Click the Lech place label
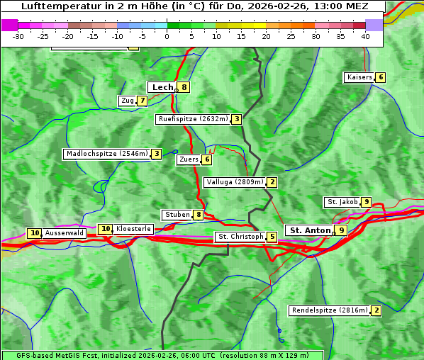pyautogui.click(x=162, y=87)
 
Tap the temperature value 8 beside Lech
pyautogui.click(x=184, y=87)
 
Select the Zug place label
pyautogui.click(x=127, y=101)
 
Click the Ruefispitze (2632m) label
pyautogui.click(x=193, y=119)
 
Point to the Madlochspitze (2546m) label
pyautogui.click(x=106, y=154)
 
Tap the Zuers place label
pyautogui.click(x=189, y=159)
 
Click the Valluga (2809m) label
pyautogui.click(x=235, y=182)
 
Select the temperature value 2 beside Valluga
pyautogui.click(x=272, y=182)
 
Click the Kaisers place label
pyautogui.click(x=359, y=77)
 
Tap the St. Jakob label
pyautogui.click(x=342, y=202)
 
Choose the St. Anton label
pyautogui.click(x=310, y=230)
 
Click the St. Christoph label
pyautogui.click(x=240, y=237)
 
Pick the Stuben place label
pyautogui.click(x=177, y=215)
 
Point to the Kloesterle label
pyautogui.click(x=133, y=229)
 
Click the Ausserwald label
pyautogui.click(x=65, y=233)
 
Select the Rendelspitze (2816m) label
pyautogui.click(x=330, y=310)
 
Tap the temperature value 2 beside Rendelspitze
pyautogui.click(x=376, y=310)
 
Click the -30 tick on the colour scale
pyautogui.click(x=18, y=35)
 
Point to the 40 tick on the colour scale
pyautogui.click(x=365, y=35)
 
